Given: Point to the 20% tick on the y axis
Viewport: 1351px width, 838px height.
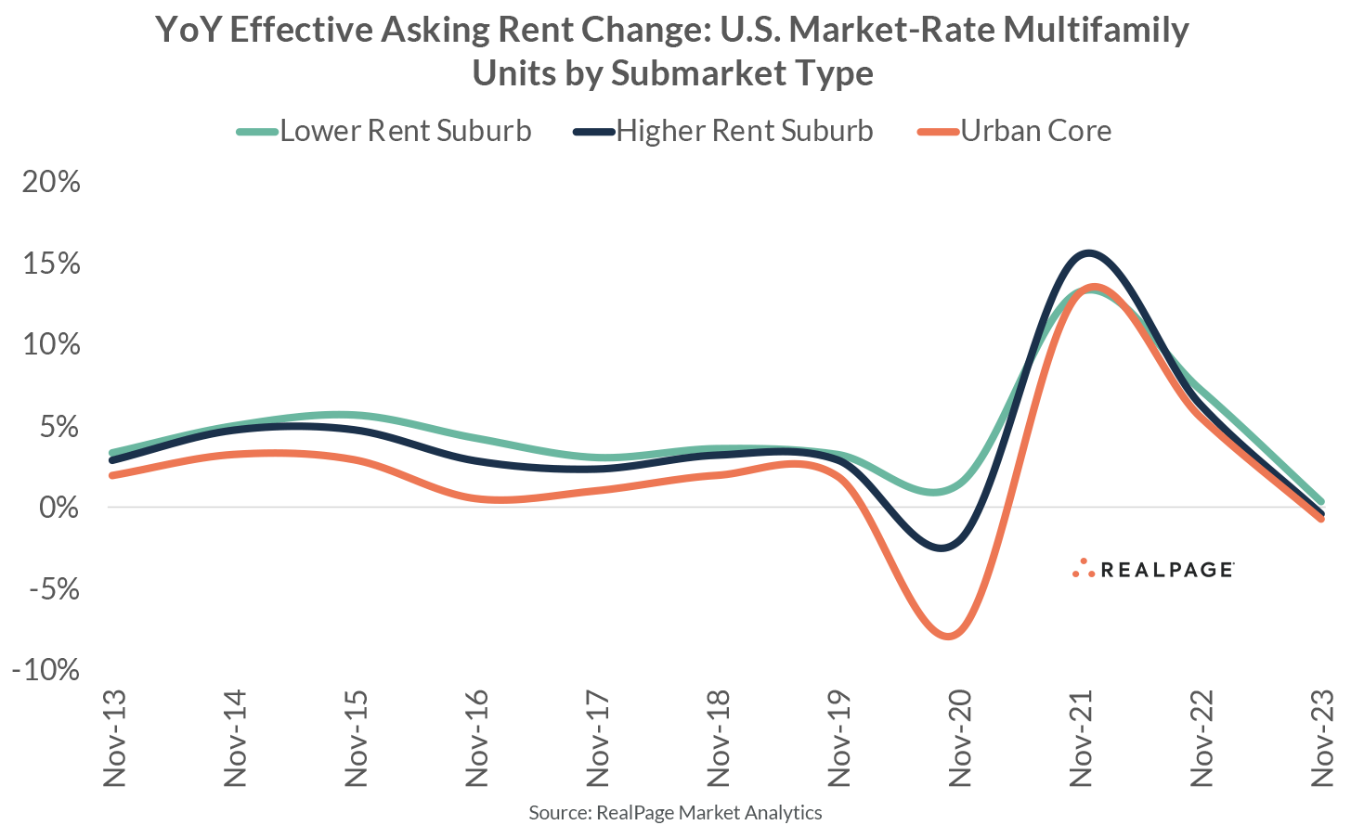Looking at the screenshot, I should point(52,182).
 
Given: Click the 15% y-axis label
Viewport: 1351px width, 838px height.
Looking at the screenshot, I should point(52,264).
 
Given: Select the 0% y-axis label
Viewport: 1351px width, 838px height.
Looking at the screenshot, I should point(59,508).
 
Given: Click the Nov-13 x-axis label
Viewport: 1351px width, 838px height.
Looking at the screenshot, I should point(114,739).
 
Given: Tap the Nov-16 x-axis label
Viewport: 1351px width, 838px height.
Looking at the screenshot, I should point(476,739).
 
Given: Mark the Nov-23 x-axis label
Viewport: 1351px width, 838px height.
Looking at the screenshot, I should point(1321,739).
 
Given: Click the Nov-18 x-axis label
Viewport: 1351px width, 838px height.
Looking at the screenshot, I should point(718,739).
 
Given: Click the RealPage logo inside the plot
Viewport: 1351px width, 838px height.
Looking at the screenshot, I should point(1152,569).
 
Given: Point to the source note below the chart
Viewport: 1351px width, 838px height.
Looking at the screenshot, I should point(675,813).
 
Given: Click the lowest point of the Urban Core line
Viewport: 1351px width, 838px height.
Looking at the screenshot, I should point(948,636).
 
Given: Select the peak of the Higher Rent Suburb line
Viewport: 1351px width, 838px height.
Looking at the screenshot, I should point(1087,252).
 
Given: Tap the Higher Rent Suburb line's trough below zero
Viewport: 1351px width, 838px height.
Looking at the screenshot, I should point(943,548).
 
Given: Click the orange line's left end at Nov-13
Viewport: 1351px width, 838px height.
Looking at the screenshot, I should point(112,475).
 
